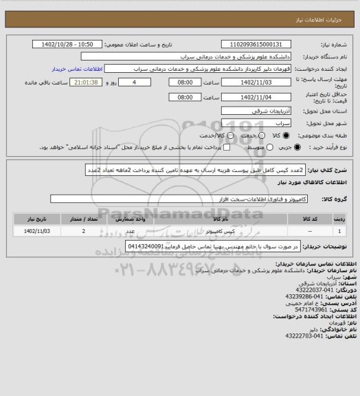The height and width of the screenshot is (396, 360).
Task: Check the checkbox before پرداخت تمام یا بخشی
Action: (226, 148)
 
